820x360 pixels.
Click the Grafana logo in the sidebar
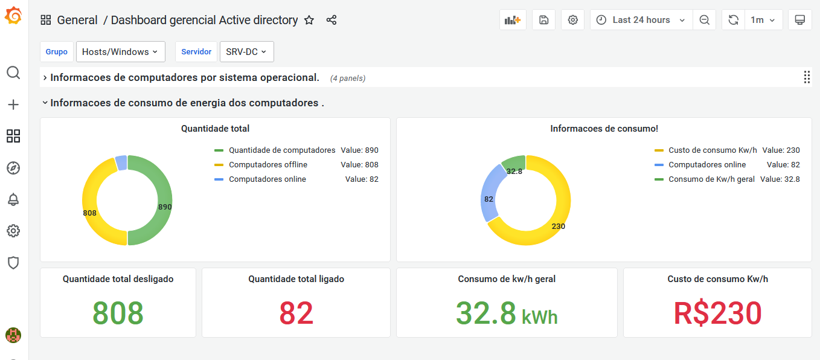click(x=13, y=16)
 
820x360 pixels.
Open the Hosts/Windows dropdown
click(x=120, y=52)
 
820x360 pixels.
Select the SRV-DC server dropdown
click(x=246, y=52)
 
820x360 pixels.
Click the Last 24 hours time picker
click(x=641, y=20)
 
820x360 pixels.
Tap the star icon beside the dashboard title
click(x=309, y=20)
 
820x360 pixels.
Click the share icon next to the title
click(x=332, y=20)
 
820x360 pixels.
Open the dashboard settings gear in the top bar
click(x=572, y=20)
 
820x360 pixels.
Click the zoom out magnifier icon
click(x=704, y=20)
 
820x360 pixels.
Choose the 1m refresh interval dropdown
click(x=763, y=20)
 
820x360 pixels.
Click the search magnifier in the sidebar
click(x=13, y=73)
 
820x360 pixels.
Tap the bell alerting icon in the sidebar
click(x=13, y=199)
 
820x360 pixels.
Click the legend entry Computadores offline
click(x=267, y=165)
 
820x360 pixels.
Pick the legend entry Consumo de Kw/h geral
click(x=711, y=179)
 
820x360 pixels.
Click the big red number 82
click(x=296, y=313)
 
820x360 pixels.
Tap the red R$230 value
click(x=717, y=313)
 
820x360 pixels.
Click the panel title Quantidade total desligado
click(x=118, y=279)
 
